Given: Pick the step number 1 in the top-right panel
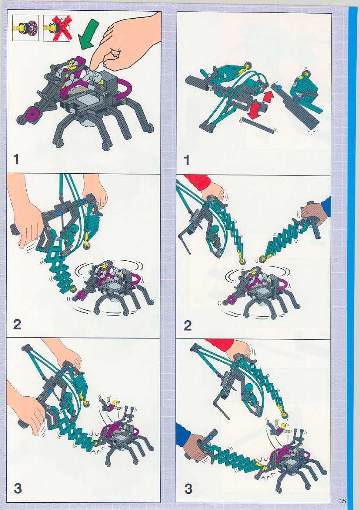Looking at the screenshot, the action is point(187,161).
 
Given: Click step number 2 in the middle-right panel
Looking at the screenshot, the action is point(188,326).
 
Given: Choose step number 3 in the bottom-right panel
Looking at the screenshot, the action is point(188,489).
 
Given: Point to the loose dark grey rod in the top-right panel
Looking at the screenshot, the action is point(258,126).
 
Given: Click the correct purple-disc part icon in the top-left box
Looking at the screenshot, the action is point(25,28).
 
